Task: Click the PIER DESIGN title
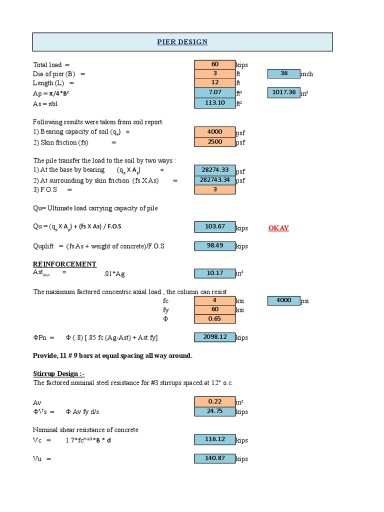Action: click(182, 42)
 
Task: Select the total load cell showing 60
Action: click(214, 64)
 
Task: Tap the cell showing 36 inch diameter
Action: click(283, 73)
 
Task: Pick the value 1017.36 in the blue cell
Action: click(283, 92)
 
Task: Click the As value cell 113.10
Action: click(214, 103)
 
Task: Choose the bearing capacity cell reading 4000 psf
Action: click(214, 132)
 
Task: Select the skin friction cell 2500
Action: click(214, 142)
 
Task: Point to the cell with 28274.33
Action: click(214, 170)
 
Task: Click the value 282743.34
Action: click(214, 180)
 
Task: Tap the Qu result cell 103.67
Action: click(214, 227)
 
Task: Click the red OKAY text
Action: click(278, 228)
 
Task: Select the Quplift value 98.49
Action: click(214, 245)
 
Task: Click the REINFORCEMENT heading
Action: click(64, 264)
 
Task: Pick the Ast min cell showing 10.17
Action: click(214, 273)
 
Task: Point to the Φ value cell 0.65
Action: click(214, 319)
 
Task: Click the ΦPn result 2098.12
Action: click(214, 337)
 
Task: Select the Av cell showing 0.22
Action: click(214, 401)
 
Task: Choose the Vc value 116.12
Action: click(214, 439)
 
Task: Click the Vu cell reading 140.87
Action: click(214, 458)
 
